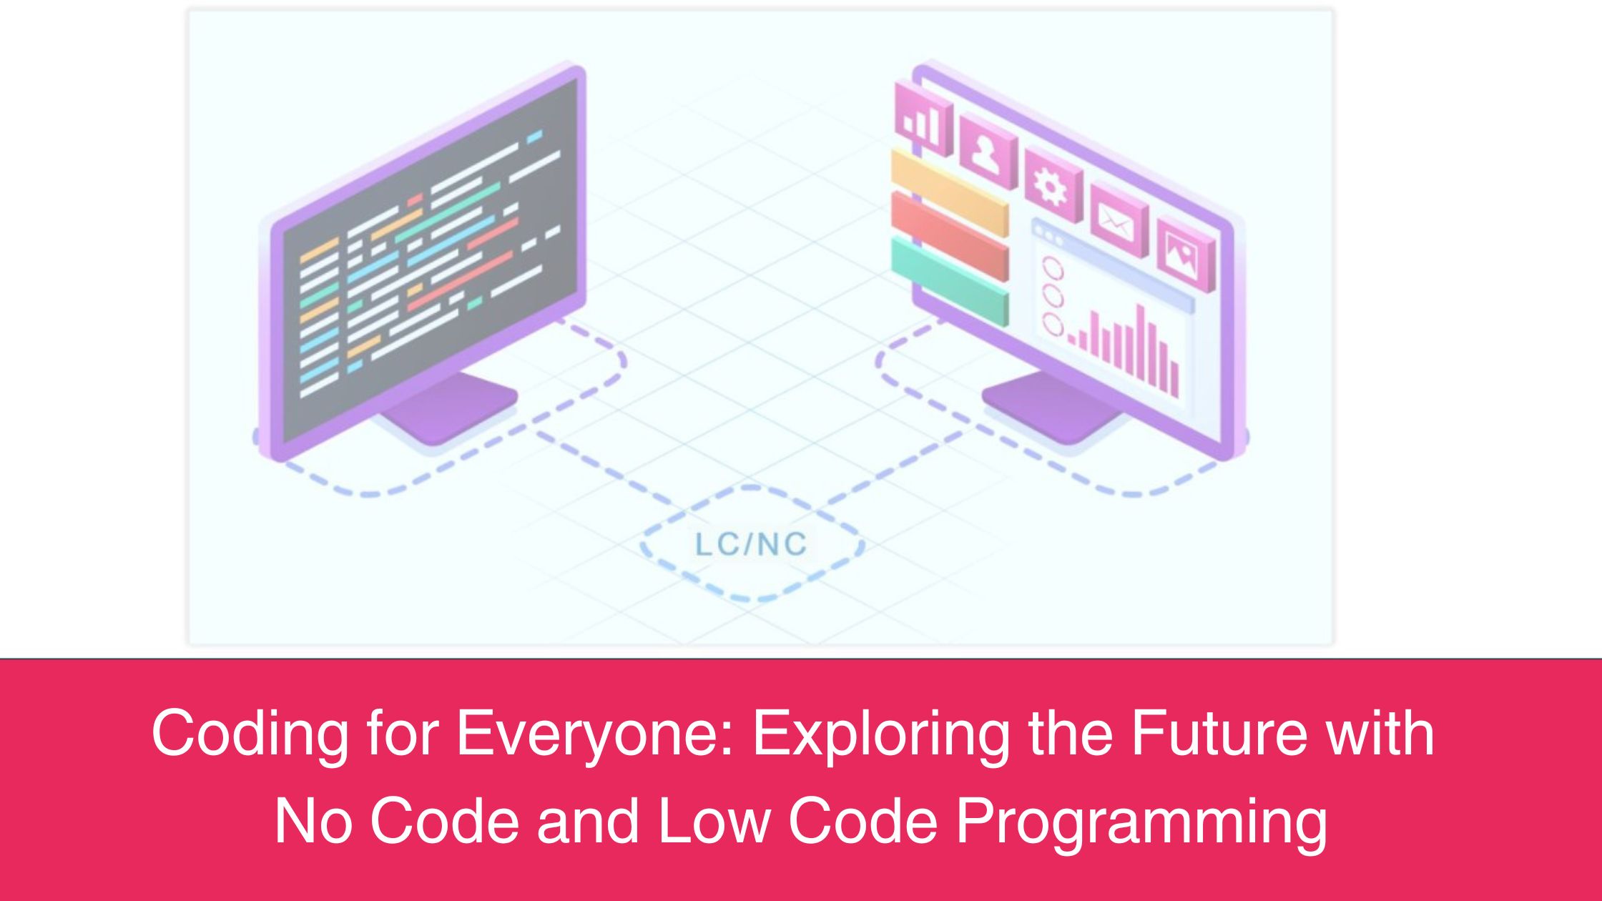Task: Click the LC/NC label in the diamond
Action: click(751, 544)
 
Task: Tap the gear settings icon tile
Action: click(1053, 186)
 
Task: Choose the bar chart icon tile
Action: click(923, 119)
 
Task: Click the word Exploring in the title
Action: click(881, 735)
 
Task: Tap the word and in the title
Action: click(588, 821)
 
